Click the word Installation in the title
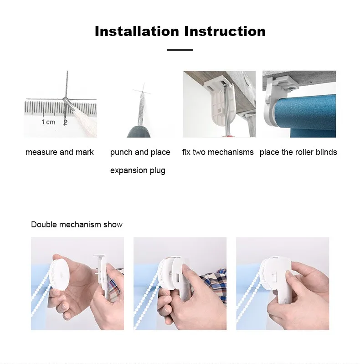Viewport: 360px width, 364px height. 137,31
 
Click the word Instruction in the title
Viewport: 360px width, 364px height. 225,31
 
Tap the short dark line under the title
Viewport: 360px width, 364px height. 180,50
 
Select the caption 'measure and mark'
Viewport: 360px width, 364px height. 59,152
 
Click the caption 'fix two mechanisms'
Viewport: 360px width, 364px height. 218,152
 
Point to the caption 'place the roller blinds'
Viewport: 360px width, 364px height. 298,152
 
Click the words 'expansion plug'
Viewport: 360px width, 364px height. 138,171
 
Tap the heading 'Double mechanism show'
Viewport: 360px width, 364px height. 77,225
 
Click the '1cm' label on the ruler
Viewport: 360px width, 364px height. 48,122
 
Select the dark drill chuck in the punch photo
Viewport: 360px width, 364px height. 139,132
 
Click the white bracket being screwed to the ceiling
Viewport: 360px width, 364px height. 220,102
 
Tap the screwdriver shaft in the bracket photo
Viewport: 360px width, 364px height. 226,109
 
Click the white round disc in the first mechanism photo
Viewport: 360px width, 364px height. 61,274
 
